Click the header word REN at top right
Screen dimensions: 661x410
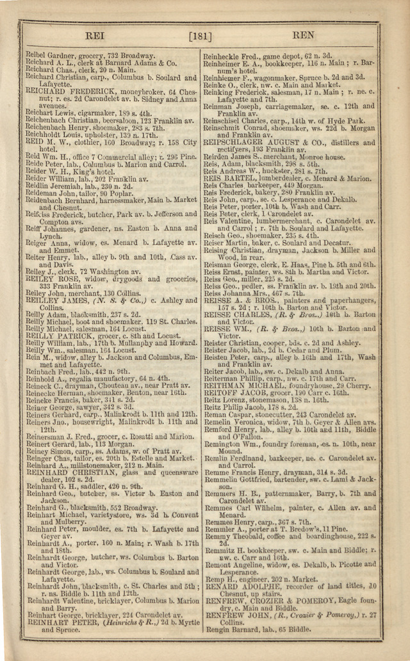tap(303, 36)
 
